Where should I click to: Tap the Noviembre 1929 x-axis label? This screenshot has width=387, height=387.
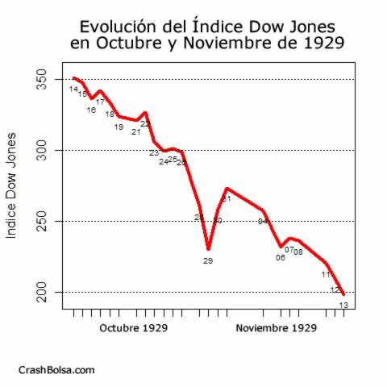(x=275, y=329)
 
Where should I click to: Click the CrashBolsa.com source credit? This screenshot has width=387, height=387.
(x=56, y=369)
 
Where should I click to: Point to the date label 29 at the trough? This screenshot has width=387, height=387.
(x=208, y=260)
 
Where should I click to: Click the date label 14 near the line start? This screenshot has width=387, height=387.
(x=73, y=89)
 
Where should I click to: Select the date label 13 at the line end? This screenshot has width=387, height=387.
(x=343, y=304)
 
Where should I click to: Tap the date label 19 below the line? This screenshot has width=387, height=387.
(x=119, y=127)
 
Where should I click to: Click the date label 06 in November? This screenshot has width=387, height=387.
(x=281, y=257)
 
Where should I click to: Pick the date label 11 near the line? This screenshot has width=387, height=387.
(x=326, y=274)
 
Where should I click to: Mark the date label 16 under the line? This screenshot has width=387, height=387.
(x=91, y=110)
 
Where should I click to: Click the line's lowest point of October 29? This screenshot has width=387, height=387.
(x=208, y=249)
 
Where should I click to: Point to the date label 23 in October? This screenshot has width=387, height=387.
(x=154, y=152)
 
